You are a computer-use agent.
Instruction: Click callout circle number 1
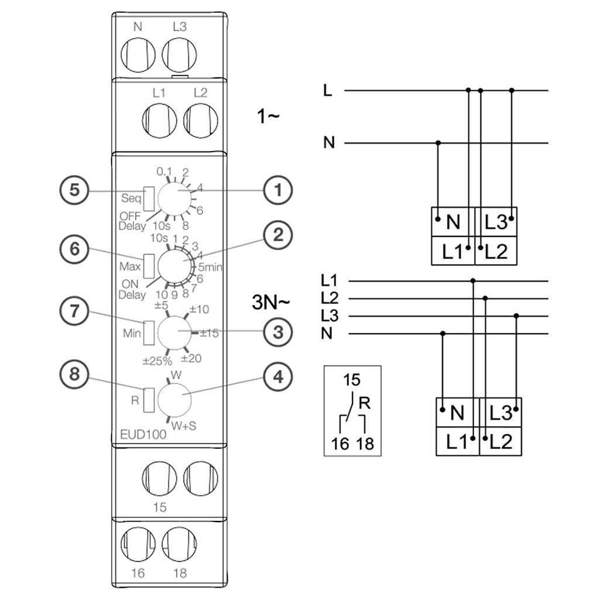point(277,190)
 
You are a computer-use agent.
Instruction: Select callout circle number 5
point(75,191)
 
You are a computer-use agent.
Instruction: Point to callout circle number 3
point(277,332)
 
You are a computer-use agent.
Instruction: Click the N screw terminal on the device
point(138,55)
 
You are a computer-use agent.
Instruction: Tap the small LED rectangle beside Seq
point(149,198)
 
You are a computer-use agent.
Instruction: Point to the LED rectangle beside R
point(149,399)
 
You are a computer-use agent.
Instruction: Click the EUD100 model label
point(143,434)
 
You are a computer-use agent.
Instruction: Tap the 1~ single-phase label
point(269,116)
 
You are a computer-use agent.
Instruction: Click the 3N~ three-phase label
point(270,303)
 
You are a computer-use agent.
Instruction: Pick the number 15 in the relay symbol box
point(352,379)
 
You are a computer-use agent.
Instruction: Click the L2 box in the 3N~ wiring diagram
point(500,441)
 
